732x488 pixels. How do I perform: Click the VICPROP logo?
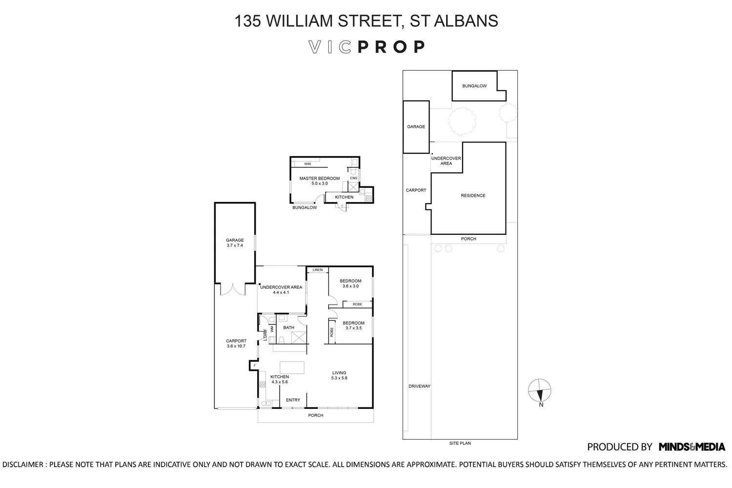tap(366, 47)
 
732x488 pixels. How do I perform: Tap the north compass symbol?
tap(540, 391)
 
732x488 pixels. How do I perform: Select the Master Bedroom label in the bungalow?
tap(319, 181)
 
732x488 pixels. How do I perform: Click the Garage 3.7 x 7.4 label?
tap(234, 243)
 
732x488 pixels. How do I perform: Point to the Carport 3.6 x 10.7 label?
tap(236, 344)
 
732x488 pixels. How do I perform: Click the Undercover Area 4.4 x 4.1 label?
tap(281, 289)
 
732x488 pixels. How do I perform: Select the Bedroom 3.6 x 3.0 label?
tap(350, 283)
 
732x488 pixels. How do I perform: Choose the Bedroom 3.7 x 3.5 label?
tap(353, 325)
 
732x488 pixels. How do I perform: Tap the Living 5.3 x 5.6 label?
tap(339, 375)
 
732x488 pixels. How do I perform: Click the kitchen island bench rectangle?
tap(292, 367)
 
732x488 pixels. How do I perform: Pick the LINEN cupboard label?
tap(318, 270)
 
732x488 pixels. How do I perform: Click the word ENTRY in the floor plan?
tap(293, 400)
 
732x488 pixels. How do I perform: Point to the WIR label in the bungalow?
tap(307, 164)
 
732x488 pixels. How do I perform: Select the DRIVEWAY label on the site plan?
tap(419, 386)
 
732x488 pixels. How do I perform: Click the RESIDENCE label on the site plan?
tap(473, 196)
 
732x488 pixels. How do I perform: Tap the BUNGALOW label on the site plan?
tap(474, 86)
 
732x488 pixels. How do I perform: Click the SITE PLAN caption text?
tap(460, 443)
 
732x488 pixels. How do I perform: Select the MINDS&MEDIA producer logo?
tap(691, 447)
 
